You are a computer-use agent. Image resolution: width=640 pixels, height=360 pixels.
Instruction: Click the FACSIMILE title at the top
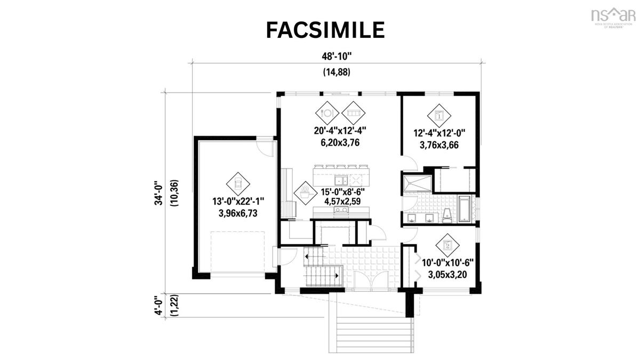pos(325,30)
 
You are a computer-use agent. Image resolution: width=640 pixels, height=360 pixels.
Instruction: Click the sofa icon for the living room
pos(353,113)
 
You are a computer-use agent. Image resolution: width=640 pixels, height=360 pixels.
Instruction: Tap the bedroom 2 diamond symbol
pos(447,245)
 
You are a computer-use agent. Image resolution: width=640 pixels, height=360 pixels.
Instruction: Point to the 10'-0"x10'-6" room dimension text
pos(447,263)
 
